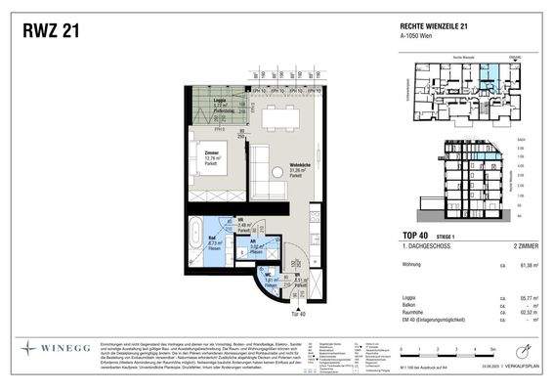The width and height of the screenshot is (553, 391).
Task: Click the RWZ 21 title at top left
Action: point(52,32)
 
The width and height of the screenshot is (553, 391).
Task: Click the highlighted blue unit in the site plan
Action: point(487,70)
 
